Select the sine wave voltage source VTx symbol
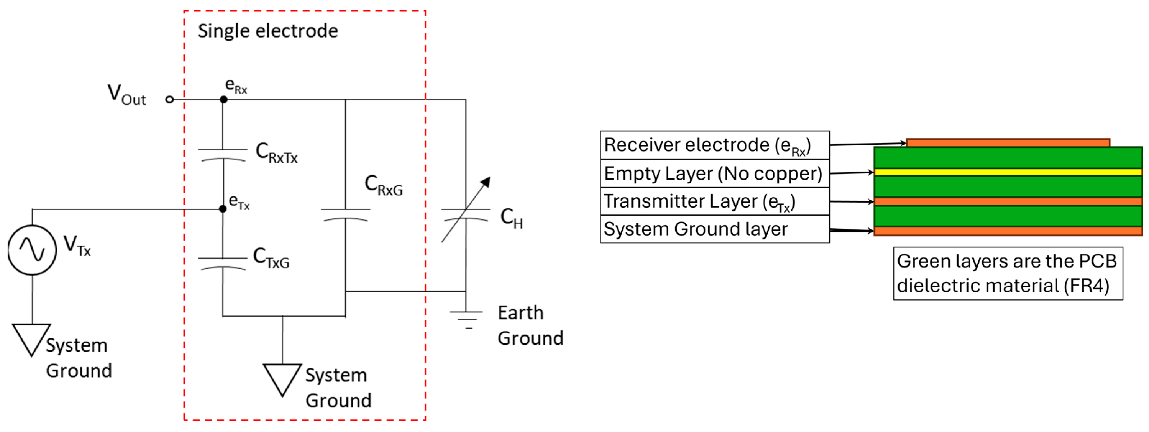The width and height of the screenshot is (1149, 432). [x=32, y=250]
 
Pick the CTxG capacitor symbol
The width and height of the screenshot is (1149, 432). [x=223, y=263]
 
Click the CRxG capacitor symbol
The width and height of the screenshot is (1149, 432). [x=346, y=214]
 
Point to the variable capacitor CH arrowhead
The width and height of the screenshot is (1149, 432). [x=487, y=181]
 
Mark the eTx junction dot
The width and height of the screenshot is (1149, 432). [x=223, y=209]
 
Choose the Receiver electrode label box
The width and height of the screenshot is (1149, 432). [x=714, y=145]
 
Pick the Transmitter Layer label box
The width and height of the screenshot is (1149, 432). [x=714, y=201]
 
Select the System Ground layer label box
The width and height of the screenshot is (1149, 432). [x=714, y=229]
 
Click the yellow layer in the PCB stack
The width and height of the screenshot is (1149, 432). [x=1008, y=172]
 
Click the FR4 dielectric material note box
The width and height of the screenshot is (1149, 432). [x=1008, y=273]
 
